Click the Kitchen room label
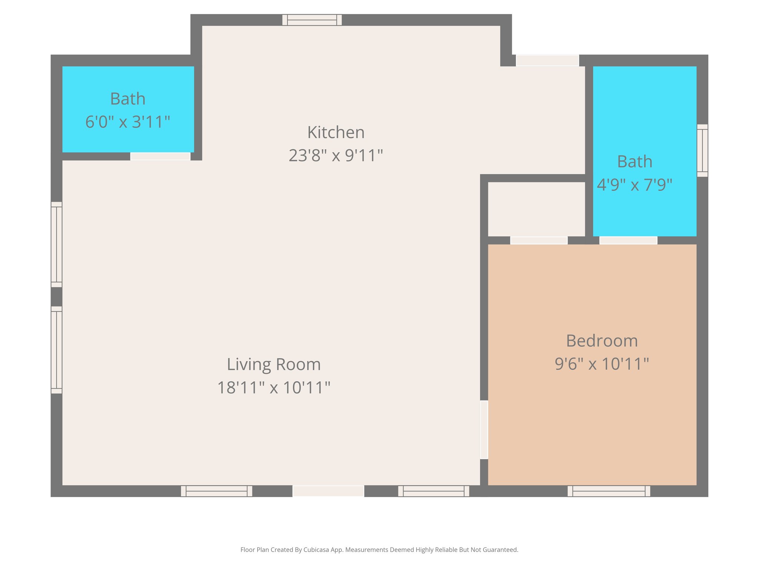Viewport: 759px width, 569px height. click(x=336, y=133)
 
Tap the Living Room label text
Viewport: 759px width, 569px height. click(x=274, y=365)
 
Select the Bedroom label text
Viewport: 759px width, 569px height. click(x=602, y=341)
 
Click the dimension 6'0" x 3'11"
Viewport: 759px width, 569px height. click(x=127, y=122)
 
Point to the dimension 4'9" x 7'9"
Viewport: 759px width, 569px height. click(x=634, y=184)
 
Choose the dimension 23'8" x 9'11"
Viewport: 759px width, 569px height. click(x=336, y=156)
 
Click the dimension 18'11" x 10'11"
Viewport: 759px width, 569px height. click(x=274, y=388)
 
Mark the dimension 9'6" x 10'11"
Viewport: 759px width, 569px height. click(x=602, y=364)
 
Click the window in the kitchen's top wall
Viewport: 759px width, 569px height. click(x=312, y=20)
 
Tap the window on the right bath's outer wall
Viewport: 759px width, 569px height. click(x=702, y=150)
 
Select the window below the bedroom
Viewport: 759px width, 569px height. click(x=609, y=491)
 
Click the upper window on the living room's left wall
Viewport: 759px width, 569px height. click(x=56, y=244)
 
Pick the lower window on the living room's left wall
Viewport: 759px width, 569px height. click(x=56, y=350)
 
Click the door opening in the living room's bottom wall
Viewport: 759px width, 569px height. click(x=328, y=491)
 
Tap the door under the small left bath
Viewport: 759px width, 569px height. click(x=160, y=156)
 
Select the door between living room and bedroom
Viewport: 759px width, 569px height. click(x=484, y=430)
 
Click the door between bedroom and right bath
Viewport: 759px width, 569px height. click(x=628, y=240)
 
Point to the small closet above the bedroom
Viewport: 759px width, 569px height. click(x=536, y=209)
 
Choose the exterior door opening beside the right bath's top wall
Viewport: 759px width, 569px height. click(x=547, y=60)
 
